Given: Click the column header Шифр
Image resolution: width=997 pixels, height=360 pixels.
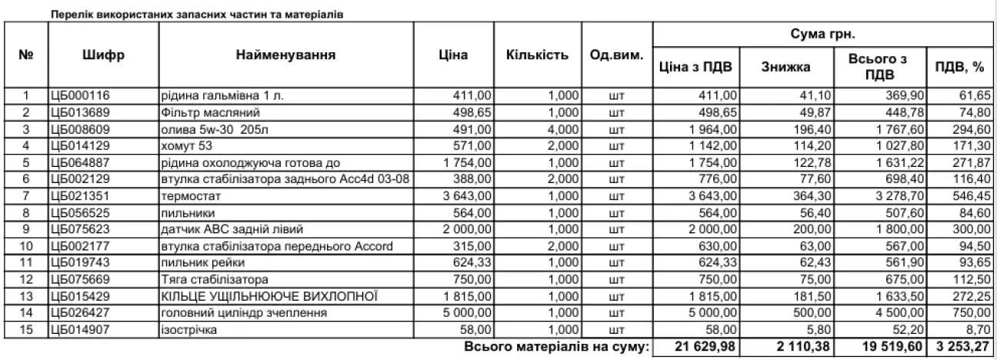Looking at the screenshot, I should (103, 55).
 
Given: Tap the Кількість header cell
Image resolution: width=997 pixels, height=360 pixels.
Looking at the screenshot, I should (538, 55).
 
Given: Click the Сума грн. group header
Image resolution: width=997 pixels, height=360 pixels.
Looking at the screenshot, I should (822, 35).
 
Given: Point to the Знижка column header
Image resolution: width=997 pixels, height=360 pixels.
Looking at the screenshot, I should (785, 67).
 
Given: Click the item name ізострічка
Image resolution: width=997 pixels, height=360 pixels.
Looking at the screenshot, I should (189, 329).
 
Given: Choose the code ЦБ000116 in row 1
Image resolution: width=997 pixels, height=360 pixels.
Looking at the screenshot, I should (78, 96).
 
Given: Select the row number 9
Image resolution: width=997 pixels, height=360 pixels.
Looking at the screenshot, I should (26, 228).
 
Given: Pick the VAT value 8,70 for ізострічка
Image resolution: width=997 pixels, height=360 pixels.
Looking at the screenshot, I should (978, 329).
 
